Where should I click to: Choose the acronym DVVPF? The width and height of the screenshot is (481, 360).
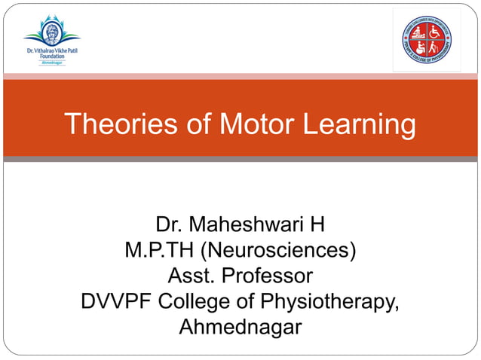tap(117, 302)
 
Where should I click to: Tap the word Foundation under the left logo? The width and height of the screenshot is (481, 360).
tap(51, 56)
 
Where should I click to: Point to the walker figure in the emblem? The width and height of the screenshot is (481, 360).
tap(435, 47)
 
